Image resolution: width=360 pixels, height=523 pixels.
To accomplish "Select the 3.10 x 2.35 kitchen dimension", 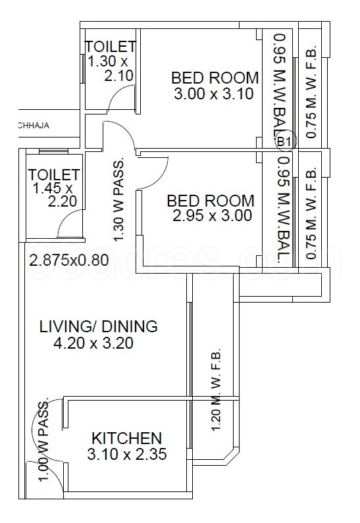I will (x=126, y=454).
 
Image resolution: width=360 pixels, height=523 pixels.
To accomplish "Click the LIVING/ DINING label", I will (x=99, y=326).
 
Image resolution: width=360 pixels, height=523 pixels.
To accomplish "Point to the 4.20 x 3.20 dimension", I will (x=94, y=343).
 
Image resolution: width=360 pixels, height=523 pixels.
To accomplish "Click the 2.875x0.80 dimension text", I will (x=69, y=260).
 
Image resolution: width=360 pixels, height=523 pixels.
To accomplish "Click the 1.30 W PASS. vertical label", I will (x=119, y=201).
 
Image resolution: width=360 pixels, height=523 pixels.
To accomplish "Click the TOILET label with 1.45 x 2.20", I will (x=54, y=176).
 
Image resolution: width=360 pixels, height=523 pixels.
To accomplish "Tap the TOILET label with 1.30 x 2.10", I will (x=111, y=47).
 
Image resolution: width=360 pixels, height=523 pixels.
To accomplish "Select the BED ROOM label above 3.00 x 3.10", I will (x=215, y=78).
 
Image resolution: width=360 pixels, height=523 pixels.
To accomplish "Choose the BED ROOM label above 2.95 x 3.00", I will (x=210, y=200).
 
